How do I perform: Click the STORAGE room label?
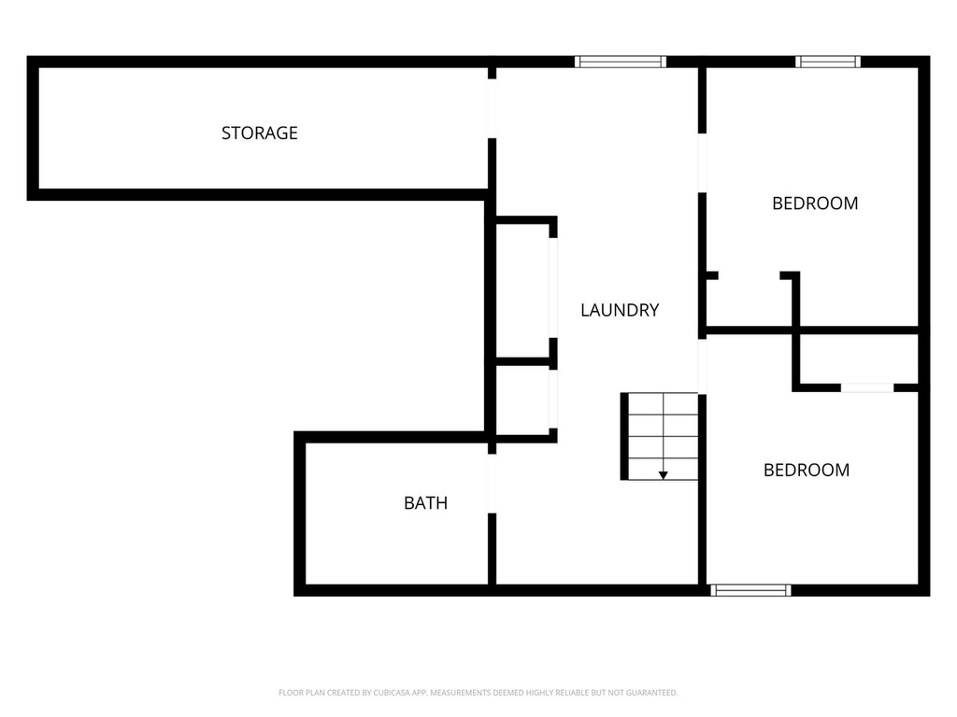coord(260,133)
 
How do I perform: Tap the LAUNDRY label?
coord(620,310)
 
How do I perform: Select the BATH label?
coord(426,503)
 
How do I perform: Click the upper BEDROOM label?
coord(815,203)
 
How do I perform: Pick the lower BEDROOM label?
coord(807,471)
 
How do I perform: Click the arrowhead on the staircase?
coord(664,475)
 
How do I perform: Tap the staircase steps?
coord(663,436)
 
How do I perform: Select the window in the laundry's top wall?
coord(621,62)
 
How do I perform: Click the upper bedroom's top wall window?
coord(828,62)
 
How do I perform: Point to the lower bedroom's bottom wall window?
coord(750,590)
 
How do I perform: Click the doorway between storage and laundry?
coord(492,108)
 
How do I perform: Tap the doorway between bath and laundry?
coord(492,484)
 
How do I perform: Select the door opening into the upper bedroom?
coord(703,162)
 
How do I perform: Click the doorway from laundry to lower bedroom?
coord(703,366)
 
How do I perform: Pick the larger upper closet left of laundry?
coord(522,290)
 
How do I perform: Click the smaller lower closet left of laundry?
coord(522,401)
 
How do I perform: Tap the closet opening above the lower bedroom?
coord(867,387)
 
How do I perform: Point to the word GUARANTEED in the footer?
coord(652,693)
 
